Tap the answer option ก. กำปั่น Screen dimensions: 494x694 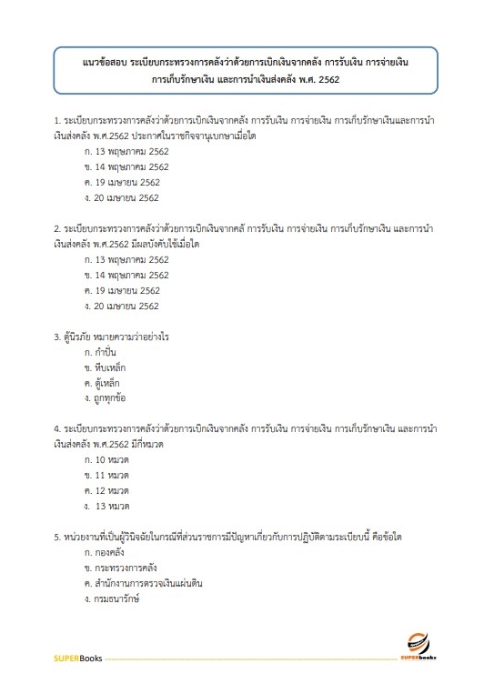pos(101,352)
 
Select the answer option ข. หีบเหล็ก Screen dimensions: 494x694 pos(104,367)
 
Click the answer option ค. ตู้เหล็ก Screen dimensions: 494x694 pos(103,383)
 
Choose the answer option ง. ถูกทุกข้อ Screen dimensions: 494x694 pos(104,398)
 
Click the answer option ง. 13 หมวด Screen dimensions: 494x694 pos(106,506)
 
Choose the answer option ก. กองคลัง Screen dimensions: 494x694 pos(104,552)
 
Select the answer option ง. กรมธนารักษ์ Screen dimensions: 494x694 pos(112,598)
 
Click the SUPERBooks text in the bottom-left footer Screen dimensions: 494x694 pos(77,657)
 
